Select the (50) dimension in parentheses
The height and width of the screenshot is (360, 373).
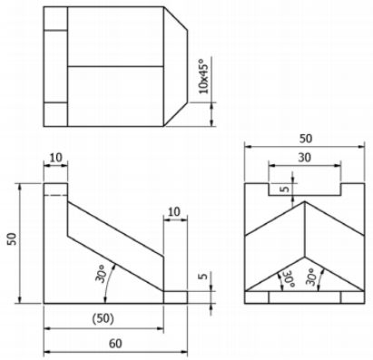click(x=103, y=319)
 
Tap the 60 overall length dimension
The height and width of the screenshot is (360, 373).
click(x=115, y=345)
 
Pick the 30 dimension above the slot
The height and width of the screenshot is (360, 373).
click(x=306, y=158)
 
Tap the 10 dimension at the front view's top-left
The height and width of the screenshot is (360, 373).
click(x=55, y=159)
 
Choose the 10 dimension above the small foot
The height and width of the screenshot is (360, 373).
click(x=175, y=211)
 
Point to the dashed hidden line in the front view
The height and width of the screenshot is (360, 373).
click(x=55, y=196)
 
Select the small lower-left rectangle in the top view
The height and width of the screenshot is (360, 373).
click(x=55, y=111)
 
